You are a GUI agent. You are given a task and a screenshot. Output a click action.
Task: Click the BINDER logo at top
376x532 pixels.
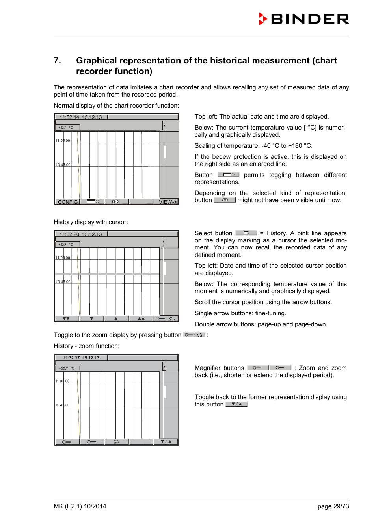coord(304,19)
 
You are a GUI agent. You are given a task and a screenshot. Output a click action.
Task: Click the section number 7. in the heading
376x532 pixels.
coord(58,61)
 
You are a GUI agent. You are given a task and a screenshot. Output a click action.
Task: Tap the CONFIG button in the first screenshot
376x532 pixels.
coord(67,202)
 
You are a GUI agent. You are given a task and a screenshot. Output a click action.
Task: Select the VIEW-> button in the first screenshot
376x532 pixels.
coord(168,202)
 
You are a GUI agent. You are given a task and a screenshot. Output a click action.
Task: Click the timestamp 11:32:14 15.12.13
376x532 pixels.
coord(81,117)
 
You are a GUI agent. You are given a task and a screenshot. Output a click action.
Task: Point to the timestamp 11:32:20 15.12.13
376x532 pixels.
coord(81,234)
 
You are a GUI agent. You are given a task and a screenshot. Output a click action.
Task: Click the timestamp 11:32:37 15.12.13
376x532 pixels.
coord(81,358)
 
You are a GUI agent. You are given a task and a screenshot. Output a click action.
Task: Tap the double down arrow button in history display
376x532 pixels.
coord(66,318)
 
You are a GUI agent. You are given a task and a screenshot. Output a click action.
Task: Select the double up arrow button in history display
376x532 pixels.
coord(141,318)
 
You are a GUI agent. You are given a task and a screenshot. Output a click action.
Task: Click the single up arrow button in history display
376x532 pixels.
coord(116,318)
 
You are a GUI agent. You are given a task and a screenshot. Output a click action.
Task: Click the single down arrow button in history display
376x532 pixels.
coord(91,318)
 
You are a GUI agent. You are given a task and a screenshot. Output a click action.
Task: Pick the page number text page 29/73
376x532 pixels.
coord(333,506)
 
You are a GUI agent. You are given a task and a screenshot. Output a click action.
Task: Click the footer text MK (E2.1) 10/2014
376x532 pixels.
coord(80,506)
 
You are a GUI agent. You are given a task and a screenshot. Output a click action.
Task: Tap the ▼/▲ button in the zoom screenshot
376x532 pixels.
coord(166,442)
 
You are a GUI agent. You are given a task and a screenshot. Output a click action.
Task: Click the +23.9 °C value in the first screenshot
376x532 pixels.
coord(66,128)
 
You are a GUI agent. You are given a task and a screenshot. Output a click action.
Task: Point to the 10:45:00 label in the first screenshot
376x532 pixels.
coord(63,165)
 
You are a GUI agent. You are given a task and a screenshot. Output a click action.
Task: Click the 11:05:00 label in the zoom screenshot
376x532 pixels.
coord(62,381)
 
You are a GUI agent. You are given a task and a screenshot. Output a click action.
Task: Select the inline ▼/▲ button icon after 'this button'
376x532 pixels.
coord(236,404)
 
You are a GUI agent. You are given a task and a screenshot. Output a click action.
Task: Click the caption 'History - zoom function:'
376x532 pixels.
coord(86,346)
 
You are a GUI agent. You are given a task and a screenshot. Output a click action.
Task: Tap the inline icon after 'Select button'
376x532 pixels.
coord(246,233)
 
